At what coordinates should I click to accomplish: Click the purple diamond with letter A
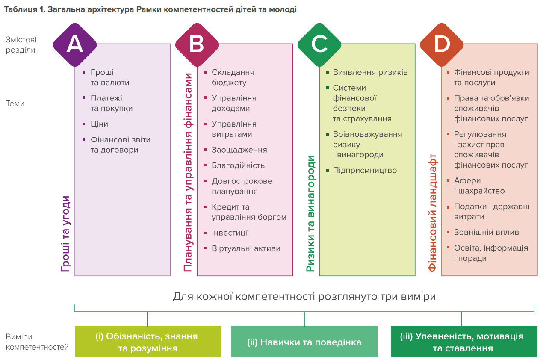click(x=75, y=44)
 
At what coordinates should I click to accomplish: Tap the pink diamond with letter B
click(x=197, y=44)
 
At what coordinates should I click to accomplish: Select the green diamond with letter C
click(x=319, y=44)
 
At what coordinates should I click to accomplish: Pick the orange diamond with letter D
click(x=442, y=44)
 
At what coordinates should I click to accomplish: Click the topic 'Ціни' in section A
click(x=99, y=124)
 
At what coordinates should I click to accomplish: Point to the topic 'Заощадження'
click(x=239, y=150)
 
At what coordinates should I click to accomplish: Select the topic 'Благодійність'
click(x=238, y=165)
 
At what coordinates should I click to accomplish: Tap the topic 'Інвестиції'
click(x=230, y=233)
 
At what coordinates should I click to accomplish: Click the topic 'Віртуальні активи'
click(x=246, y=248)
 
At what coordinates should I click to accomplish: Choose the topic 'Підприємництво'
click(x=365, y=170)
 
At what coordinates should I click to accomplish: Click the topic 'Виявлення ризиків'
click(x=370, y=72)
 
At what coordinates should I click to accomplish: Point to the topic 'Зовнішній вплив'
click(x=486, y=232)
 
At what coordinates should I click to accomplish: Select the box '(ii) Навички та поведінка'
click(x=304, y=342)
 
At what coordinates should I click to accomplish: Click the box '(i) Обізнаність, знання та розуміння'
click(x=148, y=342)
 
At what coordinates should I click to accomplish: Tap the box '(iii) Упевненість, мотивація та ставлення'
click(x=464, y=342)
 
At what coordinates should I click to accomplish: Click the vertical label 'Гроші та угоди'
click(x=65, y=234)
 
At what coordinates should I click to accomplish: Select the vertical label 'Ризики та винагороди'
click(x=310, y=214)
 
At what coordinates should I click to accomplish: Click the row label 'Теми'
click(x=15, y=103)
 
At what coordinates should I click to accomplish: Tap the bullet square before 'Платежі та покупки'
click(x=84, y=98)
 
